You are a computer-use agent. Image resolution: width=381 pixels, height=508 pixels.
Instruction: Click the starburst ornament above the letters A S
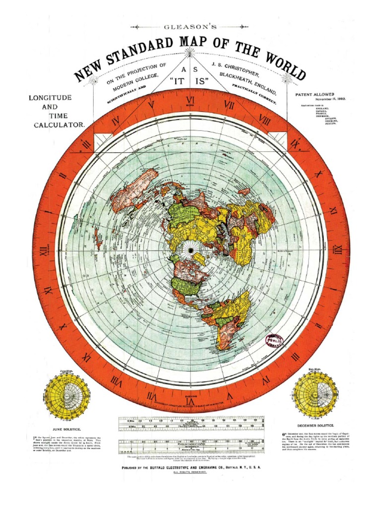pos(190,52)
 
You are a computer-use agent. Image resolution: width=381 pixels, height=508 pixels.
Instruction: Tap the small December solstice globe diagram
pos(316,395)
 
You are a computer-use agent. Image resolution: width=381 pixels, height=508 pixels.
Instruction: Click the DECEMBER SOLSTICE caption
pos(316,426)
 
